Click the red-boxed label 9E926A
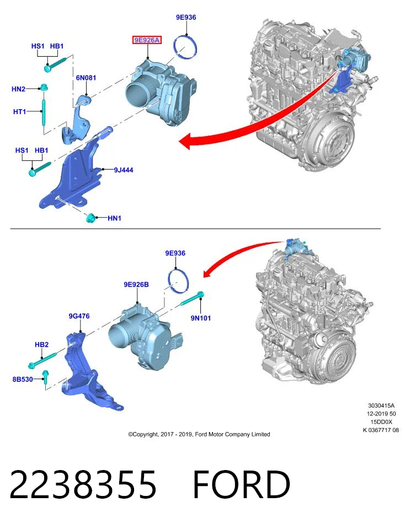pyautogui.click(x=147, y=40)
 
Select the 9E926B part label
pyautogui.click(x=136, y=284)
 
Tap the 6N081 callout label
pyautogui.click(x=86, y=78)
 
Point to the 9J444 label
pyautogui.click(x=123, y=170)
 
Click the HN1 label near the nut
pyautogui.click(x=114, y=218)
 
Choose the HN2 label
pyautogui.click(x=18, y=89)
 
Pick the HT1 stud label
pyautogui.click(x=19, y=111)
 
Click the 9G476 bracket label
pyautogui.click(x=79, y=316)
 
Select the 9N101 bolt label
pyautogui.click(x=201, y=318)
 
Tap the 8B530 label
pyautogui.click(x=23, y=379)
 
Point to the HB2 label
pyautogui.click(x=41, y=344)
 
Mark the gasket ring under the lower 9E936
pyautogui.click(x=178, y=280)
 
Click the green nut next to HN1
pyautogui.click(x=90, y=218)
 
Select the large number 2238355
pyautogui.click(x=83, y=484)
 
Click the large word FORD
pyautogui.click(x=242, y=484)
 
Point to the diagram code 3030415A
pyautogui.click(x=381, y=406)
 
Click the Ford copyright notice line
pyautogui.click(x=199, y=434)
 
